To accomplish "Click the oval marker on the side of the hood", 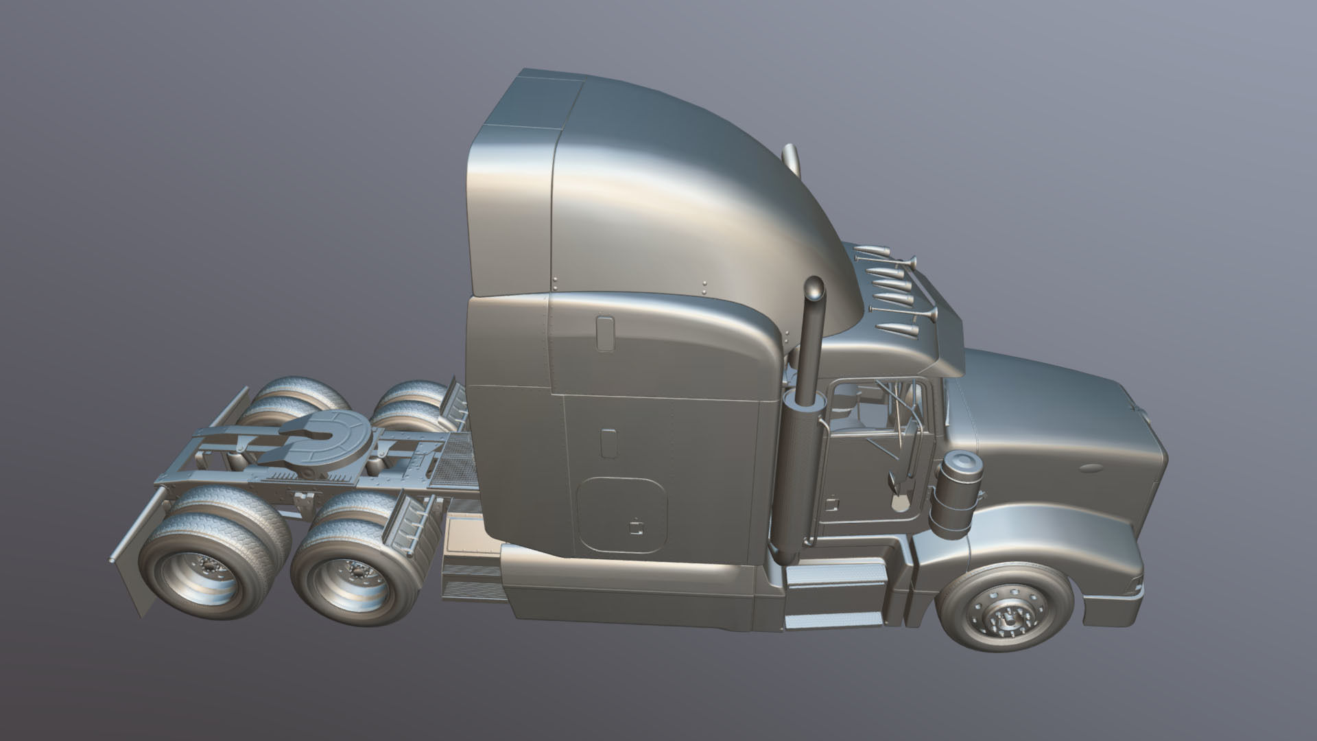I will (x=1089, y=469).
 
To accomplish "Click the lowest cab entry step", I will (x=833, y=622).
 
